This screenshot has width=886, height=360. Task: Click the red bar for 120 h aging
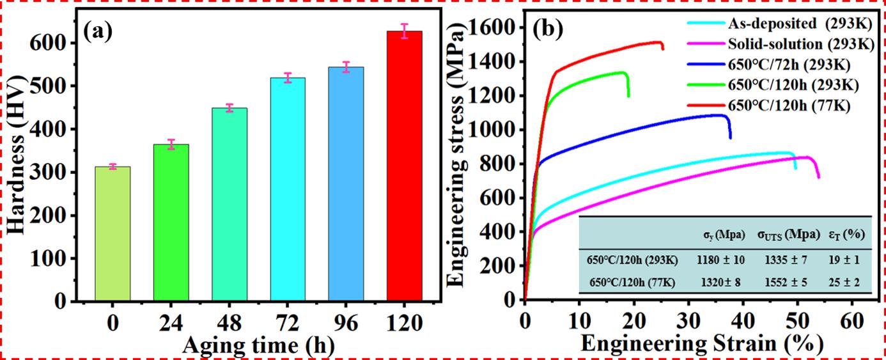(x=404, y=166)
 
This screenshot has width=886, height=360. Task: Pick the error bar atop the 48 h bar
(x=229, y=108)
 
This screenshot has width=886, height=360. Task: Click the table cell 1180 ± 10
(x=719, y=260)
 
